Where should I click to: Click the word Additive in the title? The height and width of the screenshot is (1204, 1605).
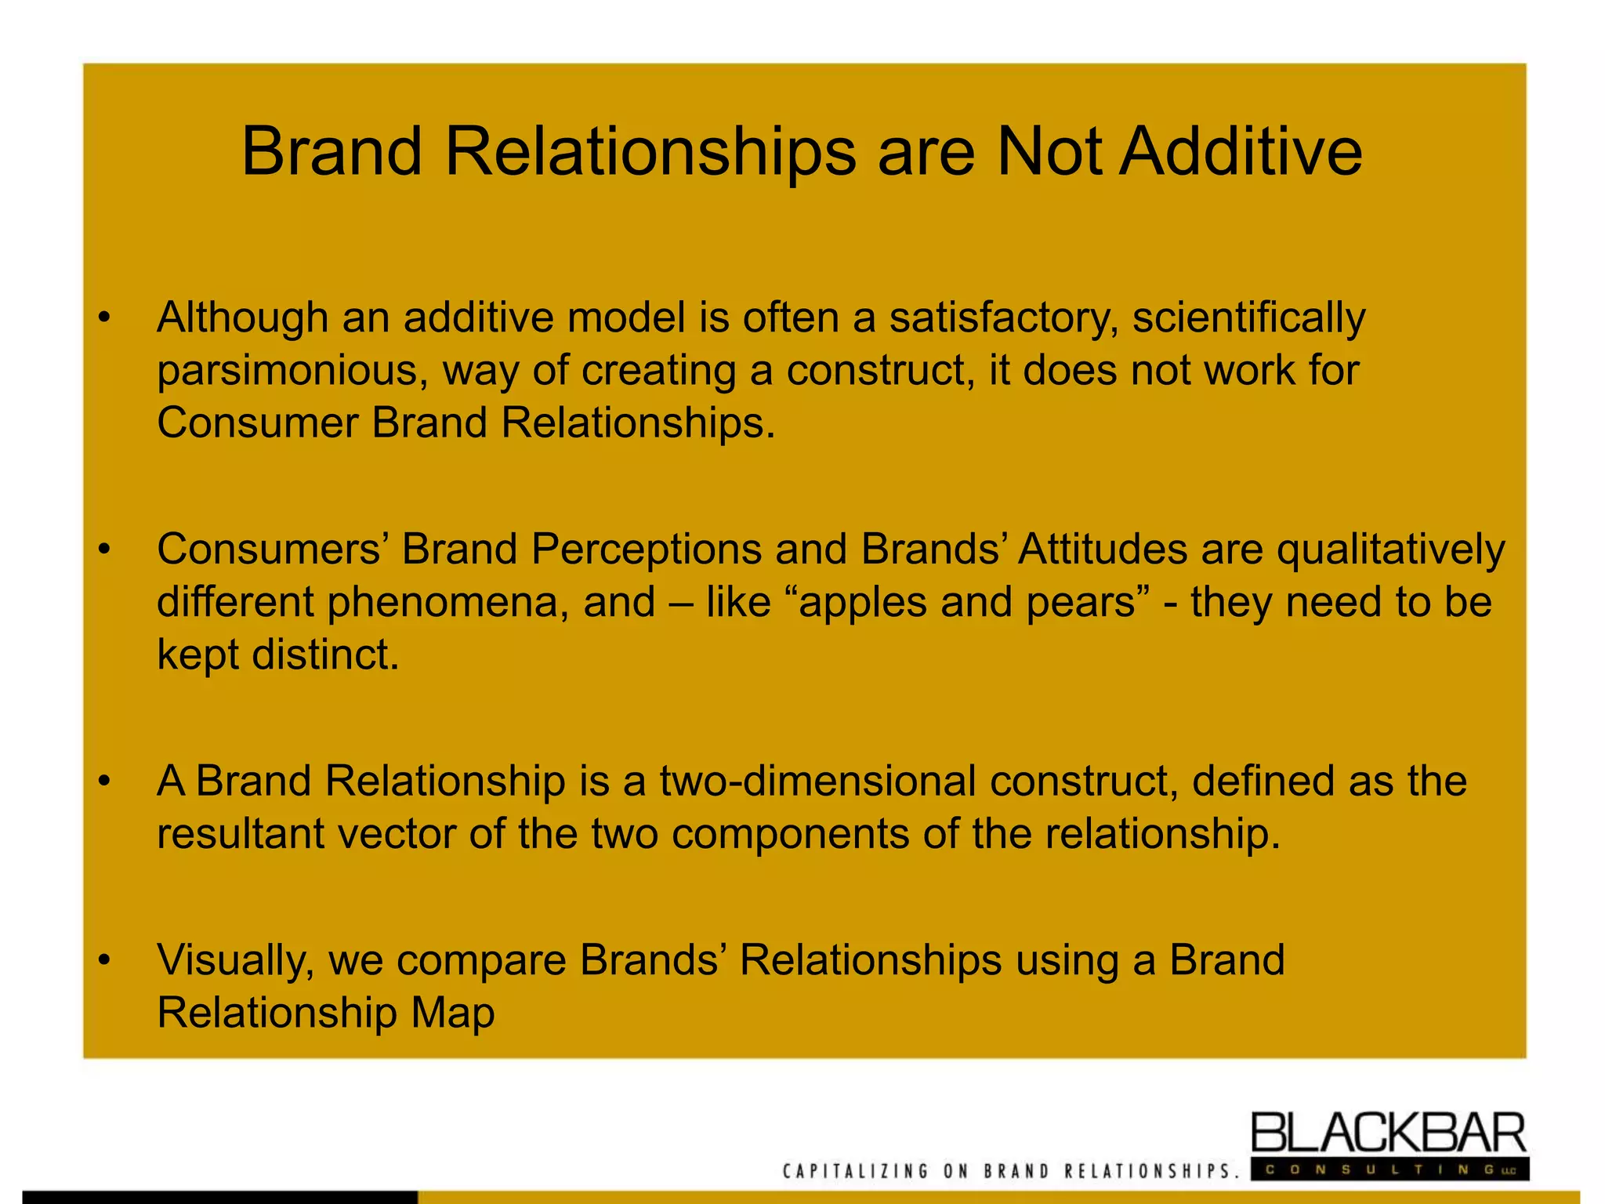(x=1241, y=151)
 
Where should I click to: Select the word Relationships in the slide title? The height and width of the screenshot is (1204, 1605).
(x=650, y=153)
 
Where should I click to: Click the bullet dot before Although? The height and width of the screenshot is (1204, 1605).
(x=104, y=318)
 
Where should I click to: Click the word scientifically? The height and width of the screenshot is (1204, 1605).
(x=1248, y=318)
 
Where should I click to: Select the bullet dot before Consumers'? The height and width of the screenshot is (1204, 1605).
(x=104, y=550)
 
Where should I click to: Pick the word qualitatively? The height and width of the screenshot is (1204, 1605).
(x=1390, y=550)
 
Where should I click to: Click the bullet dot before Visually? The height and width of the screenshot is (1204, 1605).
(x=104, y=960)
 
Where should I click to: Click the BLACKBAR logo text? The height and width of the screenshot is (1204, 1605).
(x=1388, y=1133)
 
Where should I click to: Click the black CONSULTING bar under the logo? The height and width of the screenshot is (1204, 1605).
(x=1388, y=1170)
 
